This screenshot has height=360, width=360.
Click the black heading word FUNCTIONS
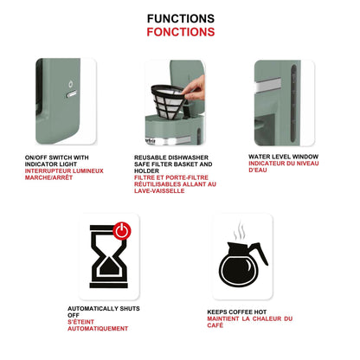(181, 19)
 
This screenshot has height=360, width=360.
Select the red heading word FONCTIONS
(181, 32)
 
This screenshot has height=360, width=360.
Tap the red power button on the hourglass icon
(122, 230)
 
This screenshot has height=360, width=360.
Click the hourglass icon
(109, 257)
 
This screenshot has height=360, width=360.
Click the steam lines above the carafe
(240, 231)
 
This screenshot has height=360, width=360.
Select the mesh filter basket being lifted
(167, 101)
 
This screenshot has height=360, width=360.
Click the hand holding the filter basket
(195, 88)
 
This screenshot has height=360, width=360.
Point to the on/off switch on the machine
(71, 93)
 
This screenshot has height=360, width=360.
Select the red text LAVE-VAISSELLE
(159, 190)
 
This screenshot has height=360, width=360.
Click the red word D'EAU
(258, 170)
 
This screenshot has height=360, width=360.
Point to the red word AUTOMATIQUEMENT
(98, 328)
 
